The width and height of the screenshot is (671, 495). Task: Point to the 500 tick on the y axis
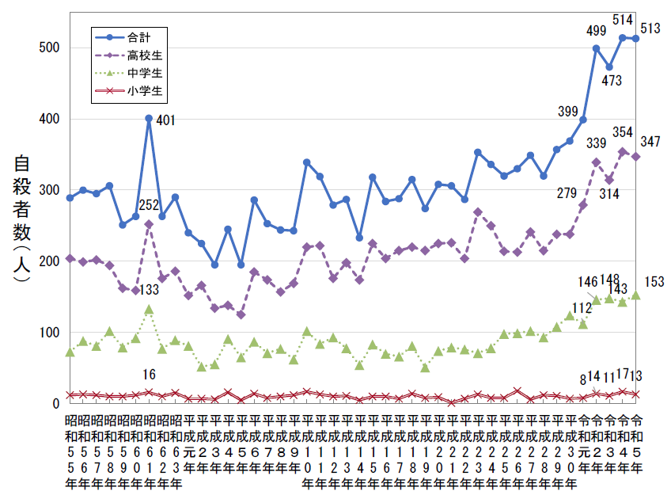(x=49, y=48)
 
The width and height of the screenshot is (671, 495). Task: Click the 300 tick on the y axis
(x=49, y=190)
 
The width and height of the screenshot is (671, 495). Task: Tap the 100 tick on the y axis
(x=49, y=333)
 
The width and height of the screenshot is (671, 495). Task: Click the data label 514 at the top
(x=622, y=20)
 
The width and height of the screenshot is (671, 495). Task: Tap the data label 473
(x=612, y=81)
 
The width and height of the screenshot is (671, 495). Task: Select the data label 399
(x=567, y=111)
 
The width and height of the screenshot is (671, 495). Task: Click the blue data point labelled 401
(x=149, y=119)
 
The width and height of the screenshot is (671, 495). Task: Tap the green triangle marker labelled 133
(x=149, y=310)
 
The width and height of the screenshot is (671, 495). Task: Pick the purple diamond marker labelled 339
(x=597, y=162)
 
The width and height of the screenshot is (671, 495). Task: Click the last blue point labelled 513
(x=635, y=38)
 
